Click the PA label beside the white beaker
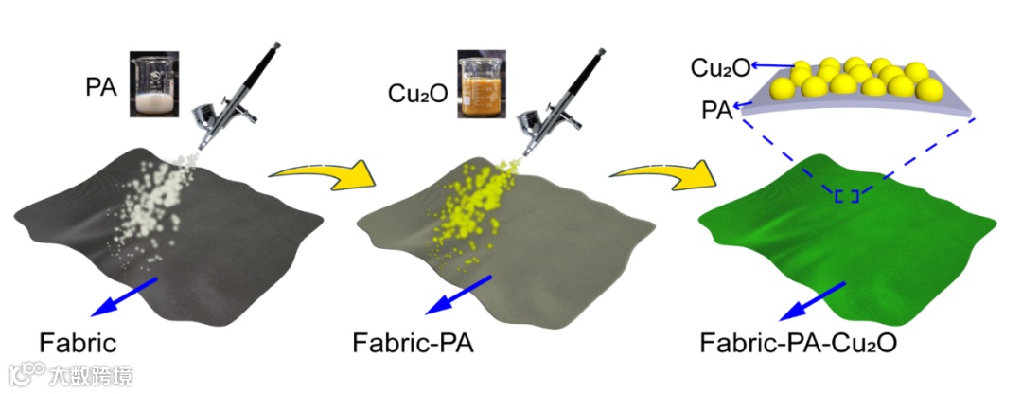[x=100, y=88]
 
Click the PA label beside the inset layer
[x=715, y=110]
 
